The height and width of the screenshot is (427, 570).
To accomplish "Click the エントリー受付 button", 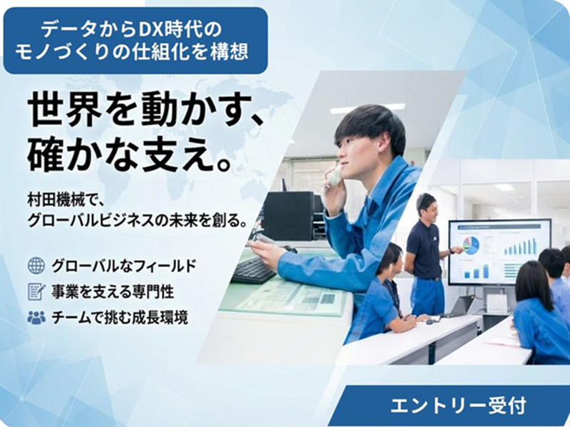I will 458,406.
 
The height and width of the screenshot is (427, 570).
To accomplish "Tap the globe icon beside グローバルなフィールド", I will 36,266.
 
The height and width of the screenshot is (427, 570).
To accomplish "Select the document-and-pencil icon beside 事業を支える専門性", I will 36,292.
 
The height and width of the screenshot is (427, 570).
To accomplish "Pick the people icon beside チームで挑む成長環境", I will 36,318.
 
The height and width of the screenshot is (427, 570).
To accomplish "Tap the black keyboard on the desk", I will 253,270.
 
